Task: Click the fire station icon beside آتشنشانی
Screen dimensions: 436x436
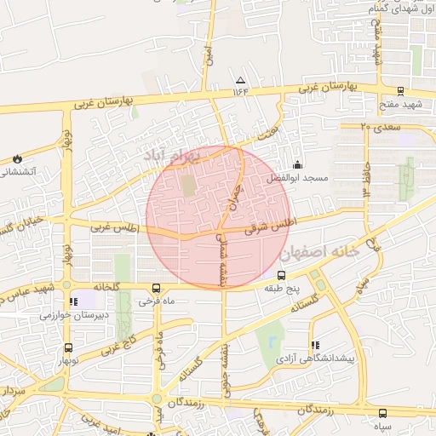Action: [x=17, y=158]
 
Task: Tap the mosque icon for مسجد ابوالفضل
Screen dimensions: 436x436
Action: [x=297, y=163]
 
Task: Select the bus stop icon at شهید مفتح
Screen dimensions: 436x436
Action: [x=400, y=91]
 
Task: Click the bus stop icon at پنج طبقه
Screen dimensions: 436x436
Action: [x=282, y=275]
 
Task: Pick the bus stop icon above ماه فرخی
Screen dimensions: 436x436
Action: [x=156, y=288]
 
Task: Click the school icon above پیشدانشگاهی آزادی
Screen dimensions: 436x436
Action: [x=315, y=345]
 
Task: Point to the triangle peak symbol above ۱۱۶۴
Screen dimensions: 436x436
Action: [x=239, y=78]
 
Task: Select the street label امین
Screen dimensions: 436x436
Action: [x=207, y=56]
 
